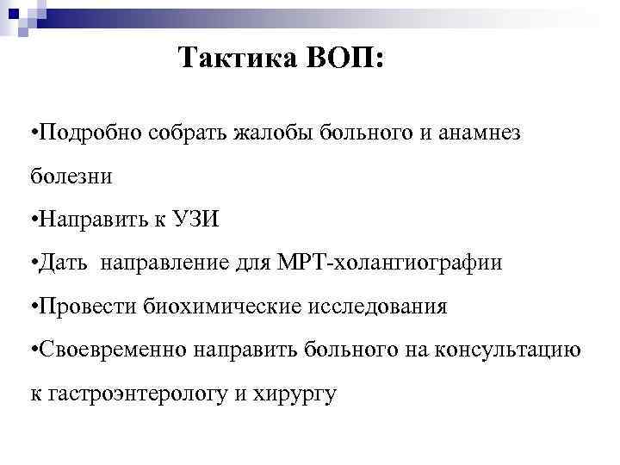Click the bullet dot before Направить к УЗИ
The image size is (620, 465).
click(33, 221)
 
